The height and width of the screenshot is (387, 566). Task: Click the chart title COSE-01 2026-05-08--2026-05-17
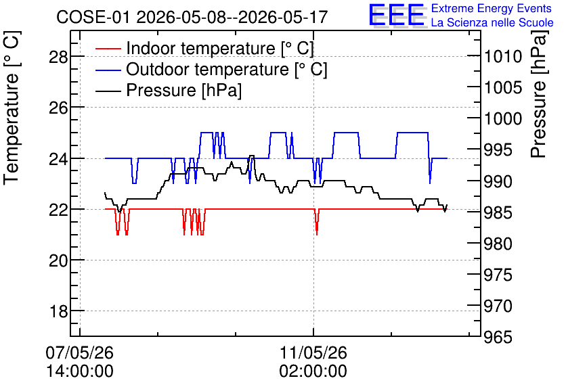click(x=192, y=17)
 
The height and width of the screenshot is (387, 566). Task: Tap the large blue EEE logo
click(x=397, y=15)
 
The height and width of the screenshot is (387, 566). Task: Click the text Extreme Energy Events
click(x=492, y=8)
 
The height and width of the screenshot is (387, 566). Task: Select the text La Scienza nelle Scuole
click(x=492, y=22)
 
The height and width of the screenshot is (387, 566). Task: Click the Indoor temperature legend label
click(x=220, y=48)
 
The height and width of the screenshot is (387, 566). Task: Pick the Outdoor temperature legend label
click(x=227, y=69)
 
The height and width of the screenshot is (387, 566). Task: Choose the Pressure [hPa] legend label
click(x=183, y=90)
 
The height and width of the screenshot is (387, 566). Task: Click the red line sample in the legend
click(x=108, y=49)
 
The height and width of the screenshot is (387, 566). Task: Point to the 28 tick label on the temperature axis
click(x=58, y=57)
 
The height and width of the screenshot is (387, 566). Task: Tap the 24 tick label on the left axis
click(x=58, y=159)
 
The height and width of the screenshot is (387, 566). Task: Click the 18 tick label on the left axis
click(x=58, y=311)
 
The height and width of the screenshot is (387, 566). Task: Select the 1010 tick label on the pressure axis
click(x=503, y=56)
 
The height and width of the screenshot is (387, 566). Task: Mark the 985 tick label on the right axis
click(x=498, y=212)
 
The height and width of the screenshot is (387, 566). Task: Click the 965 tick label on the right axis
click(x=498, y=337)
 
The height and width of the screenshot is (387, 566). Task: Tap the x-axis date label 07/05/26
click(x=80, y=352)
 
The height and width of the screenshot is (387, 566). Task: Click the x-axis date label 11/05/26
click(x=313, y=352)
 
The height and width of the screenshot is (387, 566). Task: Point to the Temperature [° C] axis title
click(x=12, y=108)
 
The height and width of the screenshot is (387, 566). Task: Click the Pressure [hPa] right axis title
click(x=538, y=94)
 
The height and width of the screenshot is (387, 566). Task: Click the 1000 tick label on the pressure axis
click(x=503, y=118)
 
